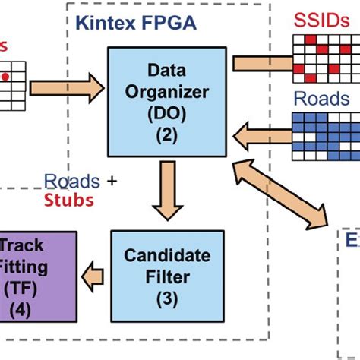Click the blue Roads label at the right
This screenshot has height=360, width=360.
pyautogui.click(x=322, y=99)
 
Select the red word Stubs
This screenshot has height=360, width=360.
pyautogui.click(x=68, y=201)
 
